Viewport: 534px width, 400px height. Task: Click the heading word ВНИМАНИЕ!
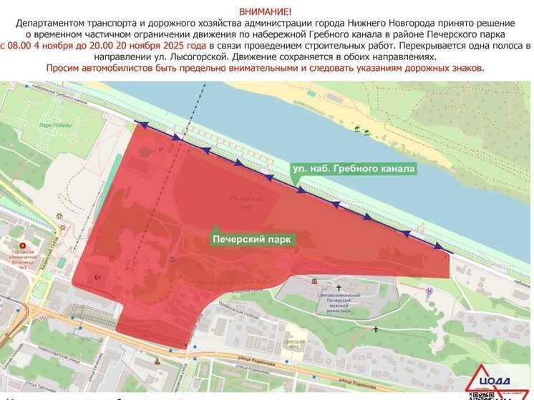pyautogui.click(x=266, y=12)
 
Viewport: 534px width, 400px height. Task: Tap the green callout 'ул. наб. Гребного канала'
pyautogui.click(x=353, y=169)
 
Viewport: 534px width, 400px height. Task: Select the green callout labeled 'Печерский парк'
pyautogui.click(x=252, y=239)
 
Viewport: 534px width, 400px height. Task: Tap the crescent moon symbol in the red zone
pyautogui.click(x=97, y=276)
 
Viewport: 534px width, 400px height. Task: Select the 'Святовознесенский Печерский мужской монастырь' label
pyautogui.click(x=339, y=302)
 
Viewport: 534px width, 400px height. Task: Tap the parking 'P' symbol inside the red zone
pyautogui.click(x=161, y=150)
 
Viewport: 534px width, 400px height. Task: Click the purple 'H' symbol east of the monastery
pyautogui.click(x=429, y=291)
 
